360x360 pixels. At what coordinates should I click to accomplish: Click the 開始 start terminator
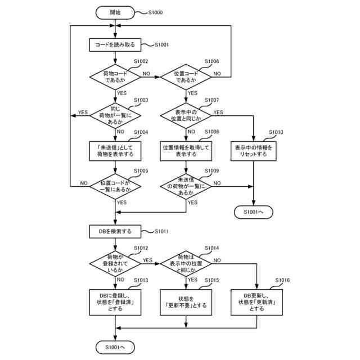[115, 11]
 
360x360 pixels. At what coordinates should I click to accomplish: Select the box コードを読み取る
[115, 44]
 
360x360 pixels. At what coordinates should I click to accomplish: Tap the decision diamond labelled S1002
[115, 76]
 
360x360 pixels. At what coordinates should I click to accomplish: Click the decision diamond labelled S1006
[186, 76]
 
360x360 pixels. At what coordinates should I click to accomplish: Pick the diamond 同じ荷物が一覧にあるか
[115, 115]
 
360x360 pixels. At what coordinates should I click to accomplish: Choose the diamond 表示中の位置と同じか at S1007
[186, 115]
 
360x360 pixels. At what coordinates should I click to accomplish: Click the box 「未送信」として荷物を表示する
[115, 150]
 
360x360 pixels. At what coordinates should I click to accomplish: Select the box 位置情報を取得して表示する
[186, 150]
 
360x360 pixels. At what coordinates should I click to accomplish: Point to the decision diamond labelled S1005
[115, 186]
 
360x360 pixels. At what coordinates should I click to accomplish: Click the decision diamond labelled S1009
[186, 186]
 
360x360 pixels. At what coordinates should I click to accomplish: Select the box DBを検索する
[115, 231]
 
